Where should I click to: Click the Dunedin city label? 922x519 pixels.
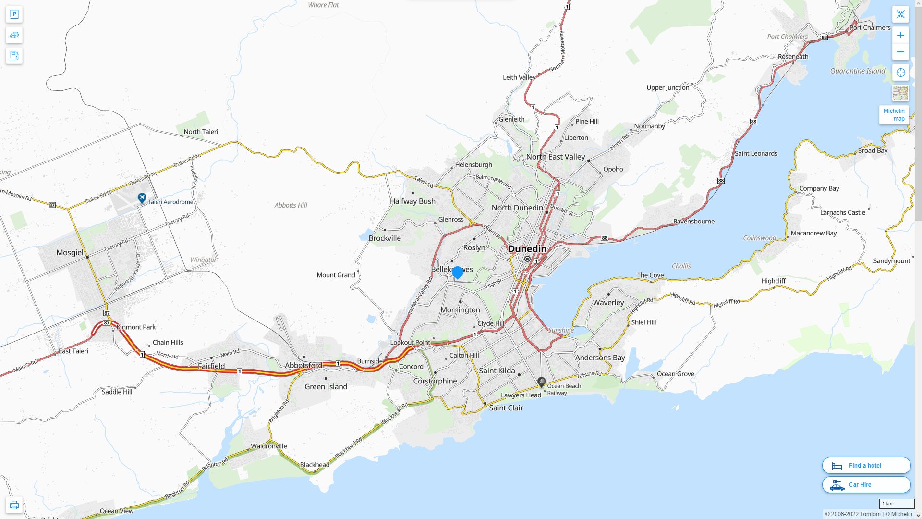coord(527,248)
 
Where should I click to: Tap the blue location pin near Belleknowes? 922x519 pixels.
coord(458,272)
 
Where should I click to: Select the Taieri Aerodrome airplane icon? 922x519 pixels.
coord(142,198)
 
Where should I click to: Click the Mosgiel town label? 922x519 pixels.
coord(70,252)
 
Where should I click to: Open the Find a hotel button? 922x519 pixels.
coord(866,465)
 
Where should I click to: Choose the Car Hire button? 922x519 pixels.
coord(866,484)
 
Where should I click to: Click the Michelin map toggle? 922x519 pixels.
coord(894,115)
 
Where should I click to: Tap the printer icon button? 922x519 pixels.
coord(14,505)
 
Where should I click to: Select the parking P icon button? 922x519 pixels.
coord(14,14)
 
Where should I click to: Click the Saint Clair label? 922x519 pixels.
coord(506,408)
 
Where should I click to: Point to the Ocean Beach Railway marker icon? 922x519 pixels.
coord(541,382)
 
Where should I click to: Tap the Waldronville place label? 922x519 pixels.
coord(268,446)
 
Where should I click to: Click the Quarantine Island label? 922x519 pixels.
coord(857,71)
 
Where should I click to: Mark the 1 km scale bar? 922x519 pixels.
coord(896,504)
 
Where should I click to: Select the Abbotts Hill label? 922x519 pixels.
coord(291,205)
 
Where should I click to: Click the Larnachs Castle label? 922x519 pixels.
coord(842,212)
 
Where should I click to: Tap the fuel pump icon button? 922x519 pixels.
coord(14,56)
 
